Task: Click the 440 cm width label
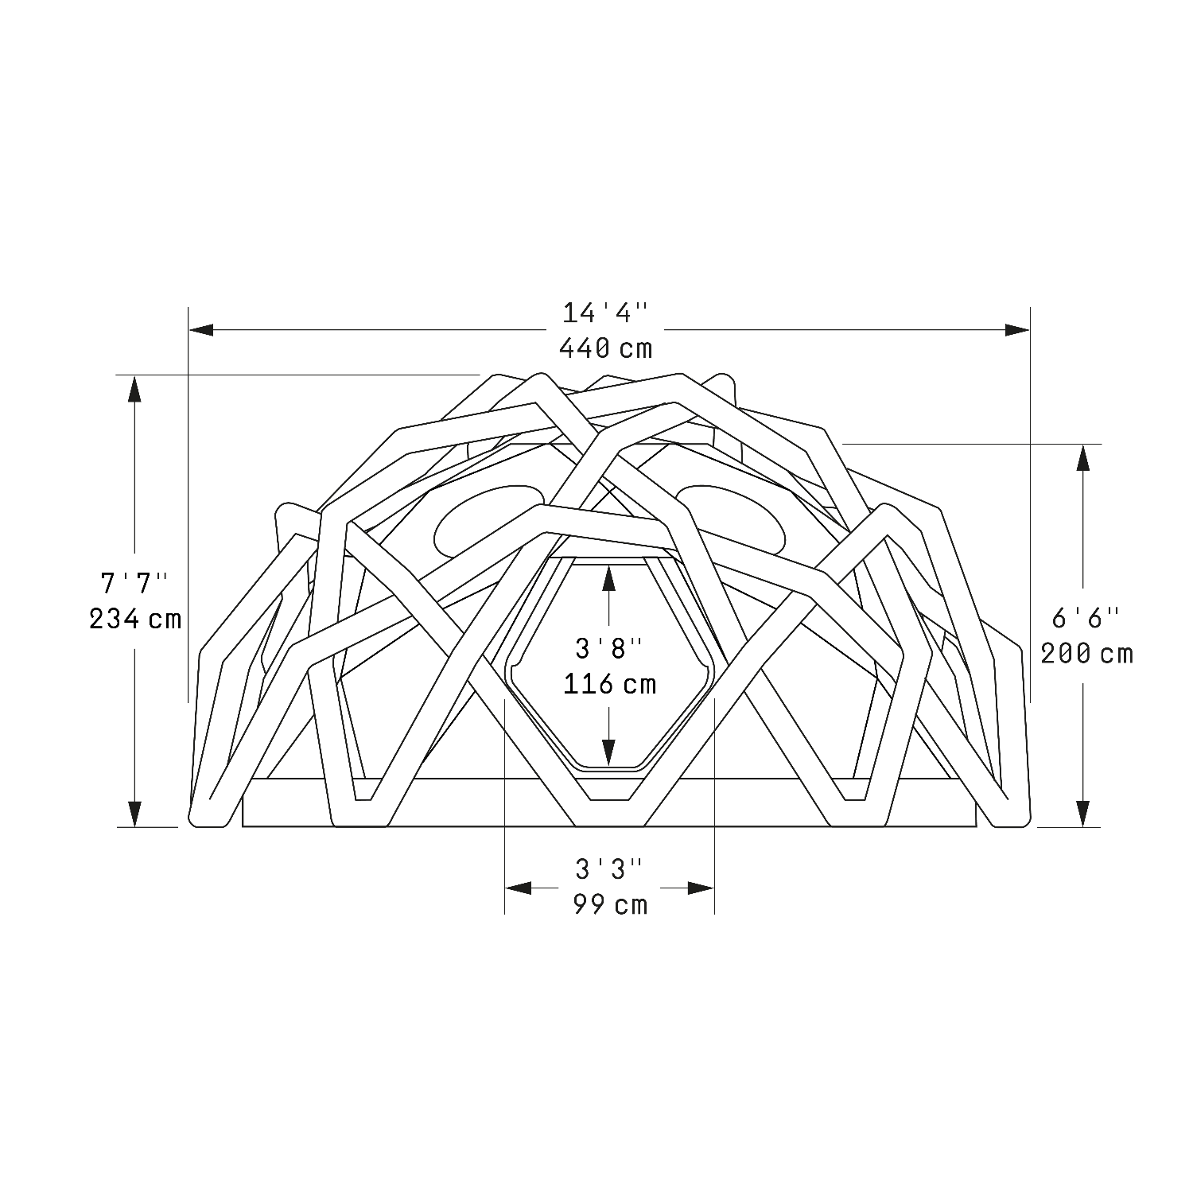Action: [x=605, y=348]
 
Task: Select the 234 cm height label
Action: [x=135, y=618]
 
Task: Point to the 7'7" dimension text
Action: [x=134, y=582]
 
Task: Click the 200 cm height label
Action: [x=1086, y=654]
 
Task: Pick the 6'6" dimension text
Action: [x=1086, y=618]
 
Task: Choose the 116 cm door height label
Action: [x=610, y=684]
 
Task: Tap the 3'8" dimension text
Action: [x=609, y=648]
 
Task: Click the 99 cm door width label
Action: [x=610, y=904]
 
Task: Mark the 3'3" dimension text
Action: [x=609, y=869]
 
